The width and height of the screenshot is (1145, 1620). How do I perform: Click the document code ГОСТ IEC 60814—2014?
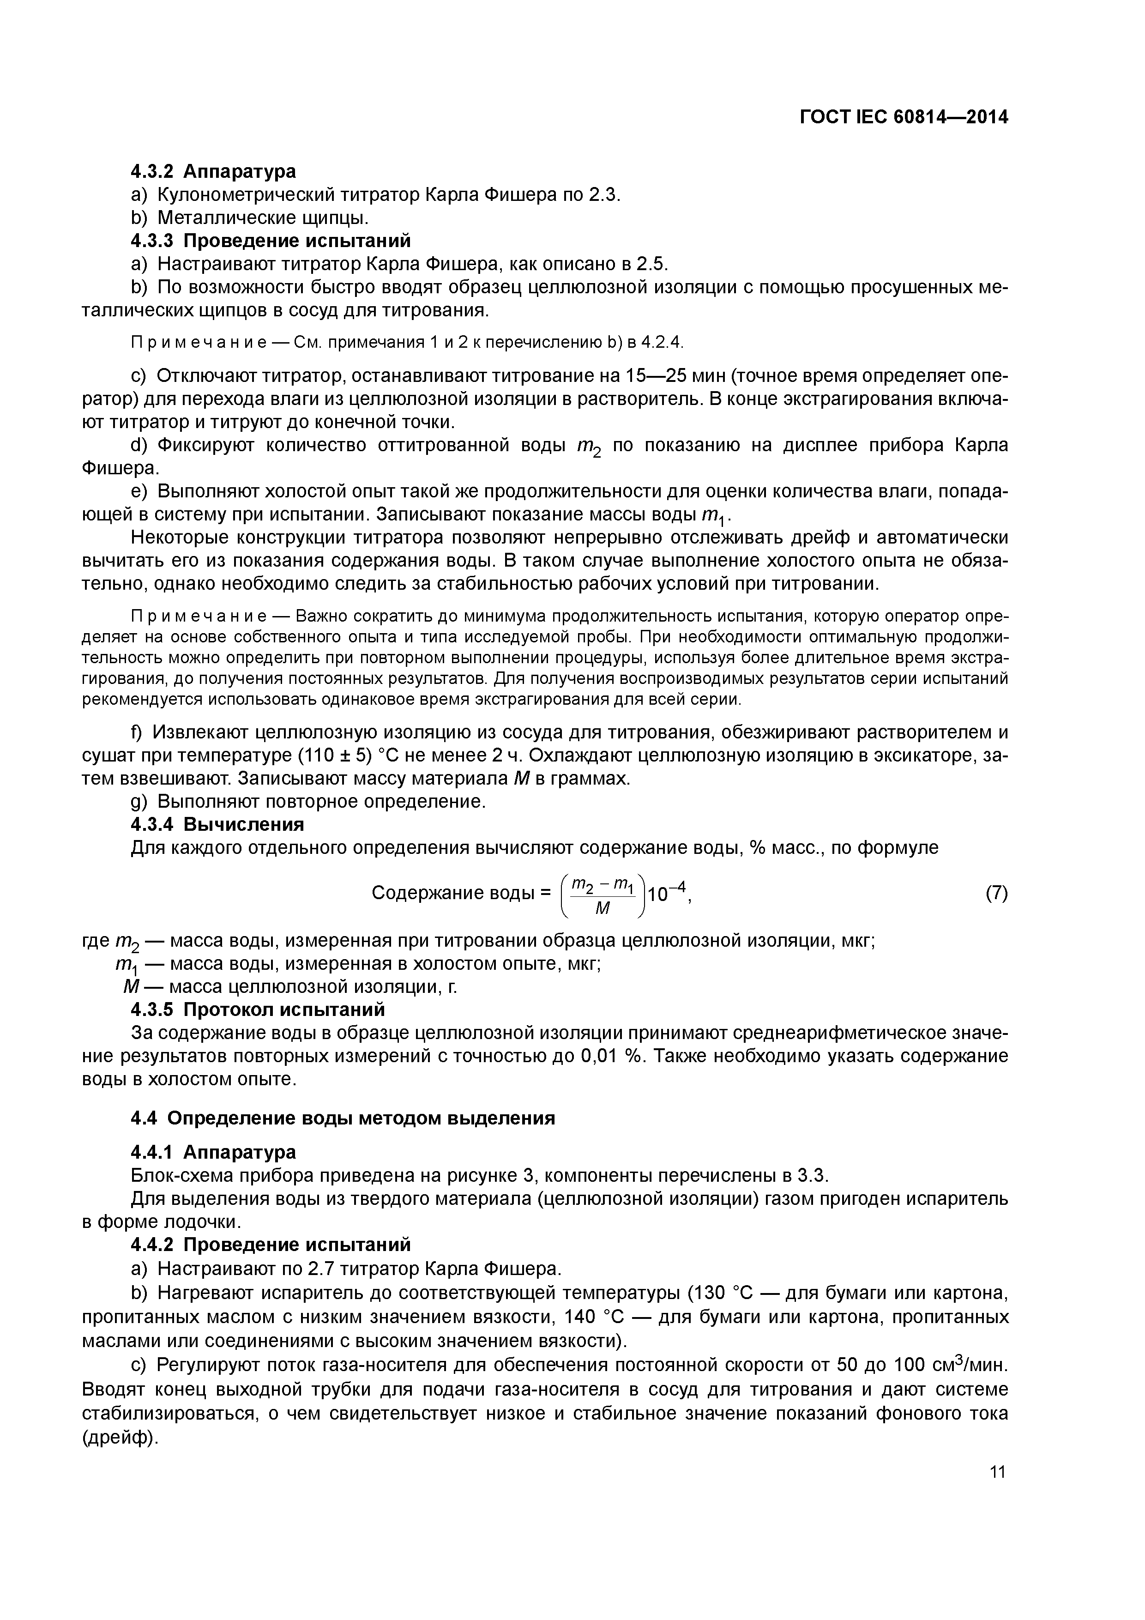point(903,117)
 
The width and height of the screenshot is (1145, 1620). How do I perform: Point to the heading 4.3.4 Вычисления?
point(217,825)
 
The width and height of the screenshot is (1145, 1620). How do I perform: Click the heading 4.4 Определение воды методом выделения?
point(343,1118)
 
